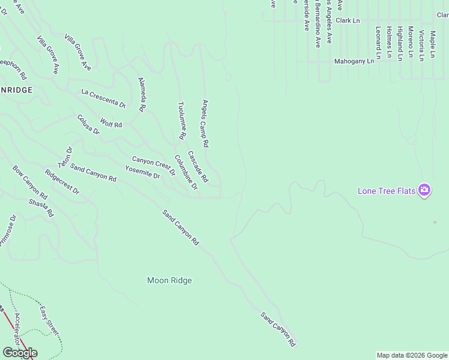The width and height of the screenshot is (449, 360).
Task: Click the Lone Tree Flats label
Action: (386, 191)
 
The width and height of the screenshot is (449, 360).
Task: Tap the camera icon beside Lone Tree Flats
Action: (424, 190)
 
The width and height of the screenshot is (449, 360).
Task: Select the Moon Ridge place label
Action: (170, 280)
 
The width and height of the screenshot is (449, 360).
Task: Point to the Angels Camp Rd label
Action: (205, 124)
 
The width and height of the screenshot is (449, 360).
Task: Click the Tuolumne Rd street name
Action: (181, 121)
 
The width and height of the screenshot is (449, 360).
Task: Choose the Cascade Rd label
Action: (198, 166)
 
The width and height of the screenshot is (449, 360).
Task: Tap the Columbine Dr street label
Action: (186, 172)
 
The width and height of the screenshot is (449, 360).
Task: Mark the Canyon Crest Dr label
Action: (154, 166)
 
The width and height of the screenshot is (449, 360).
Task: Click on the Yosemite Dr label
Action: (142, 172)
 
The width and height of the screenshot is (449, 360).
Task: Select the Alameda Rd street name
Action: (142, 95)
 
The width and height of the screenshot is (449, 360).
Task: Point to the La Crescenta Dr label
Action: (103, 98)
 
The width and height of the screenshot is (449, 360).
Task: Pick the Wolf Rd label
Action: (111, 123)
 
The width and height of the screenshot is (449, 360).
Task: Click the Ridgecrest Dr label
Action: (62, 181)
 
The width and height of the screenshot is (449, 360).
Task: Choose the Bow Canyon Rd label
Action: (30, 182)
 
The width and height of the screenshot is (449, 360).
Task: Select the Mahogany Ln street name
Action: (354, 61)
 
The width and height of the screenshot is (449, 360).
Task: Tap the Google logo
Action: (20, 352)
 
